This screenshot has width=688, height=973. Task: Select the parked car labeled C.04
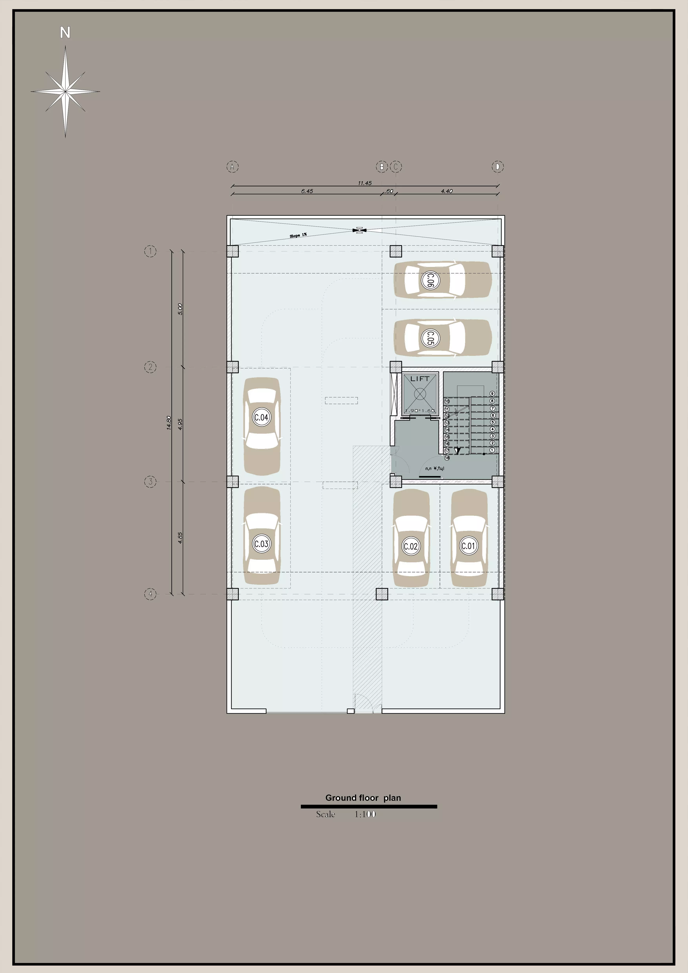261,426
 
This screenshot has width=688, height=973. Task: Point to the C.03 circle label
261,544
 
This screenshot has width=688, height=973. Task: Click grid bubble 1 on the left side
150,251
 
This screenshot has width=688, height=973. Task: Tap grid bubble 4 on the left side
150,594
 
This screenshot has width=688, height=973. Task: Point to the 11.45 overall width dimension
364,183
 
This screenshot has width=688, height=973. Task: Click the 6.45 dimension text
307,191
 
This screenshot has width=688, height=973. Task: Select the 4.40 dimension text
447,191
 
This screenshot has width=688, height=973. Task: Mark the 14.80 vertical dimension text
169,423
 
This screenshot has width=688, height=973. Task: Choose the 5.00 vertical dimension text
180,309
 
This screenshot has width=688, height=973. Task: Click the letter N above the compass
65,33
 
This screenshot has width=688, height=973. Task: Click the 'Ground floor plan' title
363,797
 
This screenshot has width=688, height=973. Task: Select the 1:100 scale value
365,814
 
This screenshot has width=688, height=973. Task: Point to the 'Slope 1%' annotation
298,235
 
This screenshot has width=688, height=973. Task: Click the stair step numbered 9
492,394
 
